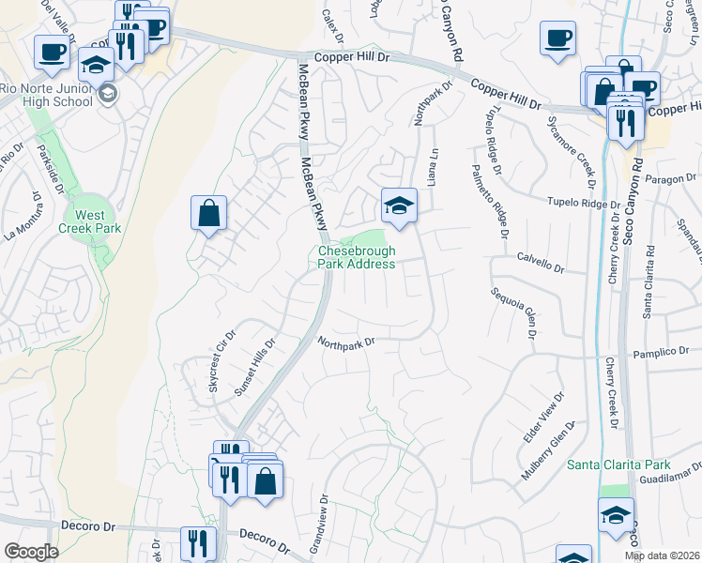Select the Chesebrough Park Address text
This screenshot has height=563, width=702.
[x=356, y=257]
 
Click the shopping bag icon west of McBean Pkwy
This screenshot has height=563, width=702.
[x=209, y=212]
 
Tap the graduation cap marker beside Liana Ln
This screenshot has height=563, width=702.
[x=399, y=205]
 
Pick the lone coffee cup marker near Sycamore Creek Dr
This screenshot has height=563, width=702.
[x=557, y=38]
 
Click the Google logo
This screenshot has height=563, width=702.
[x=31, y=552]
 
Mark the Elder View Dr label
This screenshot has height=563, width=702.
[x=542, y=418]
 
